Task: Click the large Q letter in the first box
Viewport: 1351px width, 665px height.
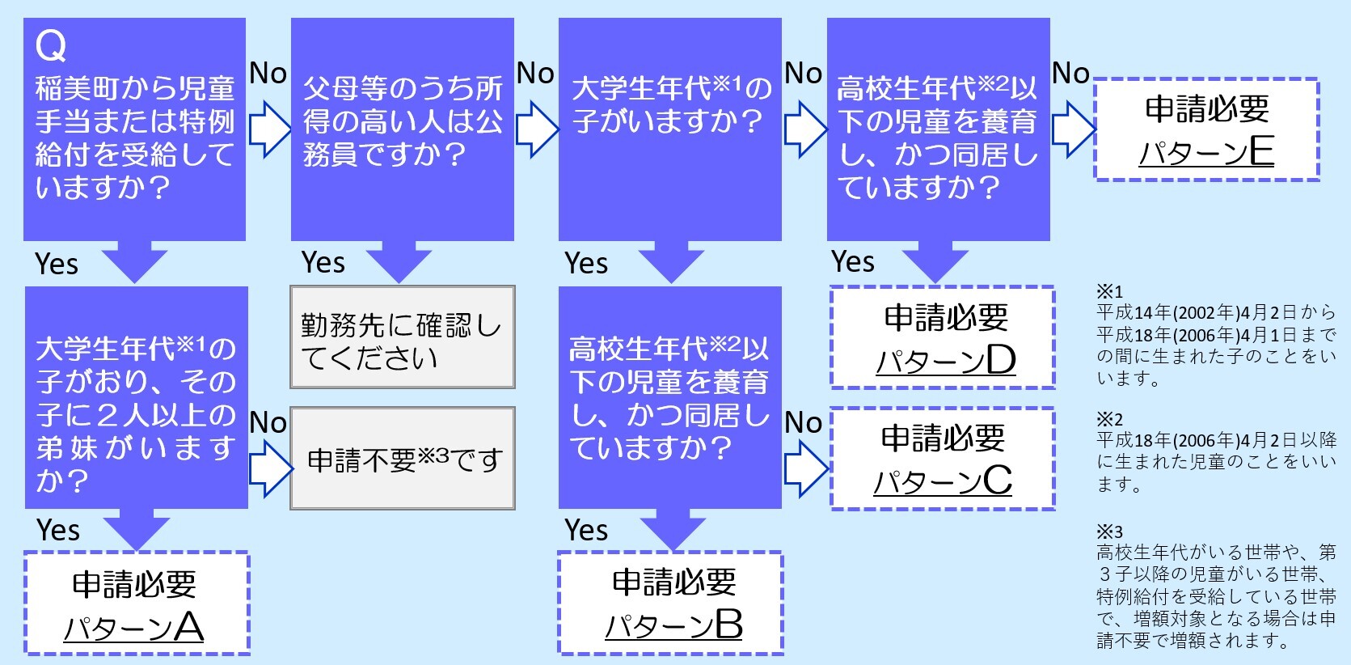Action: [x=50, y=47]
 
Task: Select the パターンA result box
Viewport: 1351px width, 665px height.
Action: [x=136, y=604]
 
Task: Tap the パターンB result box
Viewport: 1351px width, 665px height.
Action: [x=671, y=603]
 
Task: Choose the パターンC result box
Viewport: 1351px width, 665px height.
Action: [x=943, y=459]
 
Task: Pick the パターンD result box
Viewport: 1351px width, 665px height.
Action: [x=943, y=337]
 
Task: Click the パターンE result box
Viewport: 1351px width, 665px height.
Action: [x=1206, y=129]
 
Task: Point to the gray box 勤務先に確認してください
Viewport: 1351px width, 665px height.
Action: [x=402, y=337]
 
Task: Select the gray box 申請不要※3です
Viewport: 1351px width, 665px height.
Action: [x=402, y=459]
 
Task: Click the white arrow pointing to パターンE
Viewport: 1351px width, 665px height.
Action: [x=1073, y=129]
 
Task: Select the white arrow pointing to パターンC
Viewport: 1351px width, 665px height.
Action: [x=806, y=468]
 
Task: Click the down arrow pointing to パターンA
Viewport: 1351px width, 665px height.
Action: [x=136, y=530]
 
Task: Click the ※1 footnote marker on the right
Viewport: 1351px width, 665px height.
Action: [x=1109, y=291]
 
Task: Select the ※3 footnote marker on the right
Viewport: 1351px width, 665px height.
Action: [x=1109, y=532]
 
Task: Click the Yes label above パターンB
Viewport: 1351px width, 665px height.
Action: [x=586, y=531]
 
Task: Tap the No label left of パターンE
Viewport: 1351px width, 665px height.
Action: [x=1071, y=74]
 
